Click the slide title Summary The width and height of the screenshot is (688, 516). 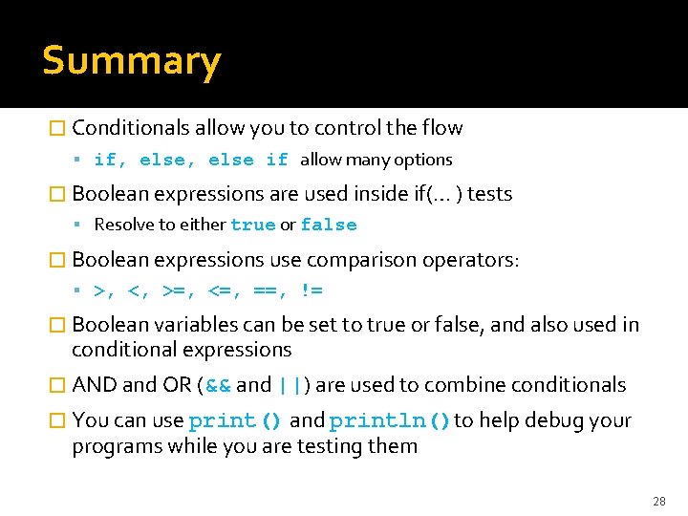[x=131, y=61]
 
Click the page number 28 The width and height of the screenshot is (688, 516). [x=658, y=501]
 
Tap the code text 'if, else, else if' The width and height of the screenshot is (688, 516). [x=190, y=161]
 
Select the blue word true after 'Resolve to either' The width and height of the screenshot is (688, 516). [x=252, y=226]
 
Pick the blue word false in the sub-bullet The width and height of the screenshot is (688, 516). [x=328, y=226]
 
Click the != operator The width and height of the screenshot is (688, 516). [x=312, y=290]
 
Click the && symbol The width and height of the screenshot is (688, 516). [x=217, y=385]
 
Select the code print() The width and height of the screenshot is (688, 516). [x=235, y=421]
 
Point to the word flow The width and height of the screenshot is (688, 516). [x=441, y=128]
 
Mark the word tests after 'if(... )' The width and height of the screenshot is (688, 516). [x=489, y=194]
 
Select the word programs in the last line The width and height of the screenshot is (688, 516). [x=117, y=446]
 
